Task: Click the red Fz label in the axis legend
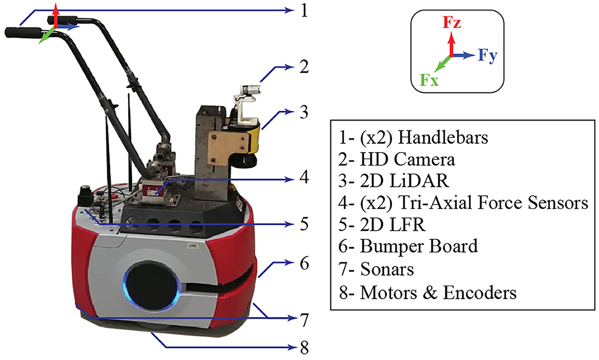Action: tap(452, 24)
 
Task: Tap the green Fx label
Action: tap(430, 80)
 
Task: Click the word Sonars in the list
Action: tap(387, 269)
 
